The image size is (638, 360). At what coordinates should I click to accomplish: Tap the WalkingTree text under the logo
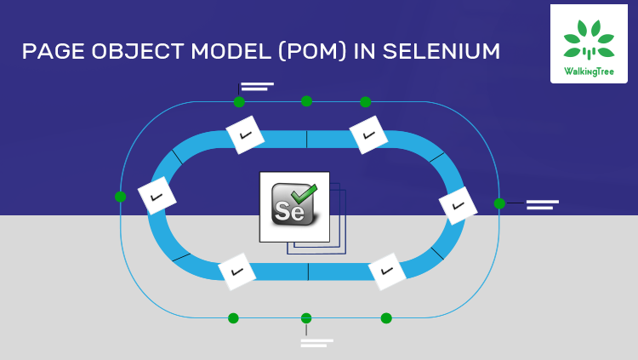tap(589, 71)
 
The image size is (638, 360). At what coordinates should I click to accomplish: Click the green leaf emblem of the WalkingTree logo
tap(589, 38)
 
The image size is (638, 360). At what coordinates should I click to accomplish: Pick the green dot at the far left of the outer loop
tap(120, 197)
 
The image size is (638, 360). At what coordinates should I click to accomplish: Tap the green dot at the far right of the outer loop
tap(499, 203)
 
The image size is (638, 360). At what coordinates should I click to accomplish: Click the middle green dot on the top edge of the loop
tap(306, 101)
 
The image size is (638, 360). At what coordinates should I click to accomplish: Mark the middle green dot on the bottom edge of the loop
tap(306, 318)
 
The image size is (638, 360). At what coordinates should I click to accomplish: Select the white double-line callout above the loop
tap(256, 86)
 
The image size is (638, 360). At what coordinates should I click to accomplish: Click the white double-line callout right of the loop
tap(542, 204)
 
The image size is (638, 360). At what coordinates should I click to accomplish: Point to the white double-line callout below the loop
tap(316, 343)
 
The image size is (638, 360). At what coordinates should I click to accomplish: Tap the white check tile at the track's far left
tap(157, 196)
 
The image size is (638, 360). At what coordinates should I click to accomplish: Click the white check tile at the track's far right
tap(458, 206)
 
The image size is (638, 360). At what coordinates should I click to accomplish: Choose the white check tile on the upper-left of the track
tap(245, 134)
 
